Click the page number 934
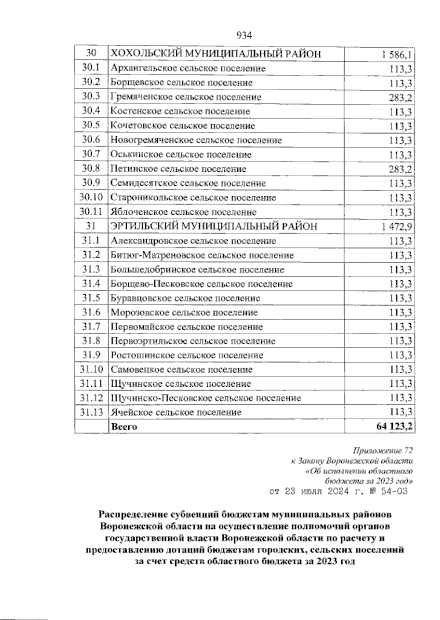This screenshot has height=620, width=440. tap(244, 36)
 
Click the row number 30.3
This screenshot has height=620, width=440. tap(91, 97)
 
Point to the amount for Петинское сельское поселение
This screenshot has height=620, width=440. tap(400, 169)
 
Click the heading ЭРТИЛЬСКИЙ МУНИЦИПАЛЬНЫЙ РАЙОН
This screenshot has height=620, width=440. tap(214, 226)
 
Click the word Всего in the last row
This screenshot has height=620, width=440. tap(124, 427)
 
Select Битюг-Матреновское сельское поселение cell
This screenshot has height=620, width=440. tap(202, 255)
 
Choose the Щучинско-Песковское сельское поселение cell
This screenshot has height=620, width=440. tap(206, 398)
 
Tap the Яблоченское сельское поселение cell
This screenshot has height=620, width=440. tap(183, 212)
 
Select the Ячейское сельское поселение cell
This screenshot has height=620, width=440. tap(176, 412)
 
